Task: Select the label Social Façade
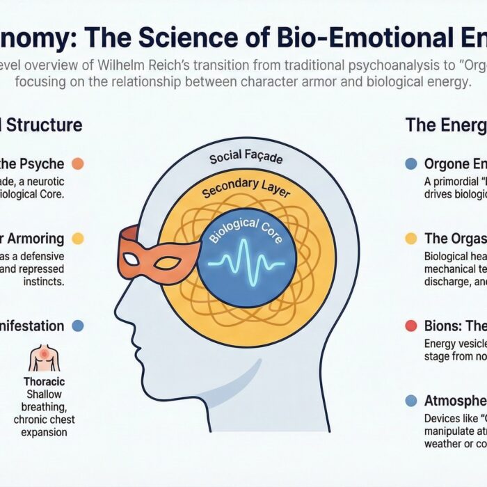pos(246,159)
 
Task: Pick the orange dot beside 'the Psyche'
pos(78,164)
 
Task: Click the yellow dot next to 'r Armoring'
pos(78,239)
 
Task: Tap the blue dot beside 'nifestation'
pos(78,326)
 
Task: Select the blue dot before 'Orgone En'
pos(410,164)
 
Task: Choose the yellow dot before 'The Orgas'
pos(410,239)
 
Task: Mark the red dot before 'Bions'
pos(410,326)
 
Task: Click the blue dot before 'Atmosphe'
pos(410,400)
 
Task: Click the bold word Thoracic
pos(44,382)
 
